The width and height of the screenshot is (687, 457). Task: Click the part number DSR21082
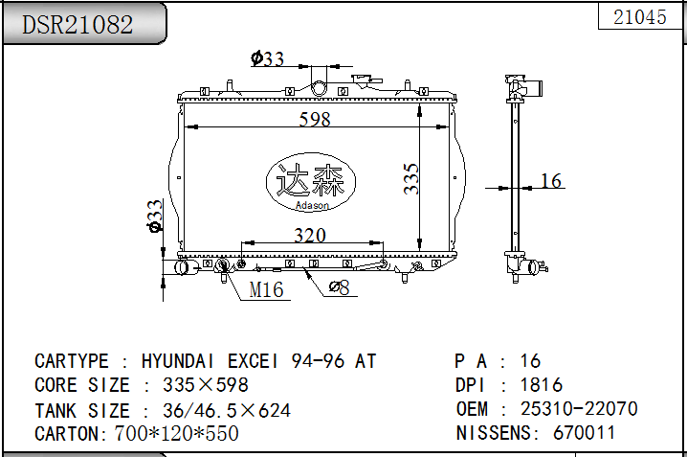[x=78, y=24]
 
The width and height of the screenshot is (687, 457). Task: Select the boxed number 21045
[x=640, y=17]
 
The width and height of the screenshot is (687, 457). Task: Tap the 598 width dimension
[x=315, y=119]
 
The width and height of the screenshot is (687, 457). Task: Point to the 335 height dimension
[x=411, y=178]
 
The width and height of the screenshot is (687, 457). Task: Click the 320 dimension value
[x=310, y=235]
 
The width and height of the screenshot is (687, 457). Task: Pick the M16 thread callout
[x=266, y=289]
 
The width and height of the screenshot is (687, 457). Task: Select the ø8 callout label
[x=339, y=287]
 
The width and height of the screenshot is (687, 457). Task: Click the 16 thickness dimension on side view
[x=551, y=181]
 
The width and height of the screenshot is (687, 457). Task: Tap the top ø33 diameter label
[x=267, y=58]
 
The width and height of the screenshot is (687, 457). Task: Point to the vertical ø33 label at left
[x=155, y=216]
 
